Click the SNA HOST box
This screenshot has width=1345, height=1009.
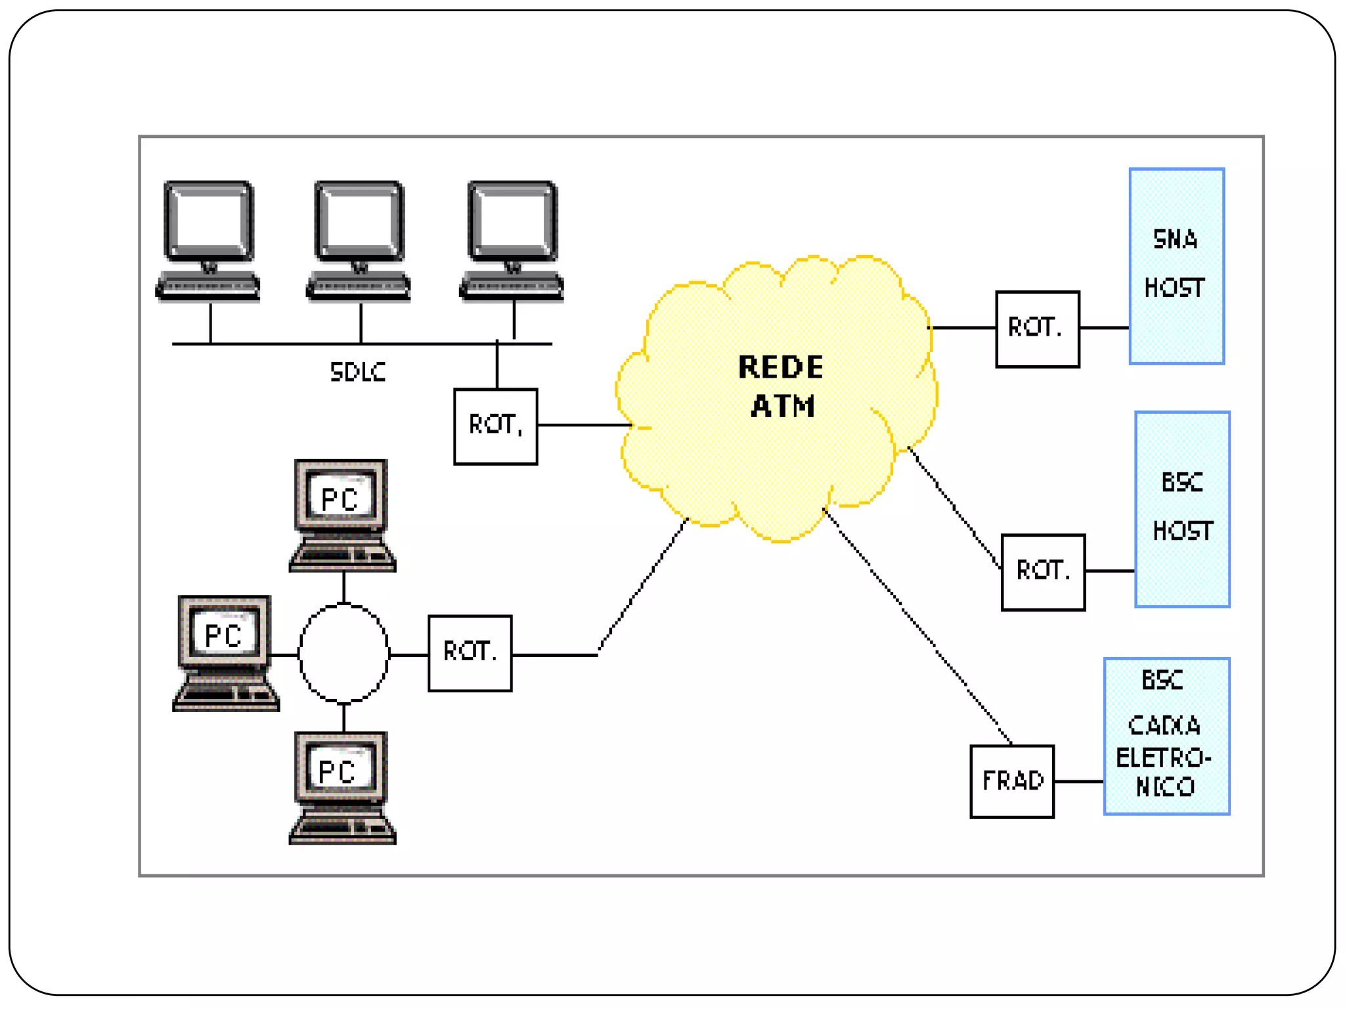(1176, 266)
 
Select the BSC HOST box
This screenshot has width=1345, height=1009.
(1182, 509)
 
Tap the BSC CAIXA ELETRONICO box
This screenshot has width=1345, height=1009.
(1166, 736)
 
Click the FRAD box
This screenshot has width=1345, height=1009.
(1011, 781)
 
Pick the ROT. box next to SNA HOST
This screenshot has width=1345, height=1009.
(1037, 328)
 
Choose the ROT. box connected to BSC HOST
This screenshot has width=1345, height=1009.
(1043, 572)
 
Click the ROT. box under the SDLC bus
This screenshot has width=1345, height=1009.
(495, 426)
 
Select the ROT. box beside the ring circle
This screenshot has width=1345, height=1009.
(470, 653)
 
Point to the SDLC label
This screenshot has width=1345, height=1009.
(357, 372)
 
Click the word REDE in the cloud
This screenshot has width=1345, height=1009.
(780, 367)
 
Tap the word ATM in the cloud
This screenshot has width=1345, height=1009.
(783, 406)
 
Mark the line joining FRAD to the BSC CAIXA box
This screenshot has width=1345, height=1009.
(1078, 781)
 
